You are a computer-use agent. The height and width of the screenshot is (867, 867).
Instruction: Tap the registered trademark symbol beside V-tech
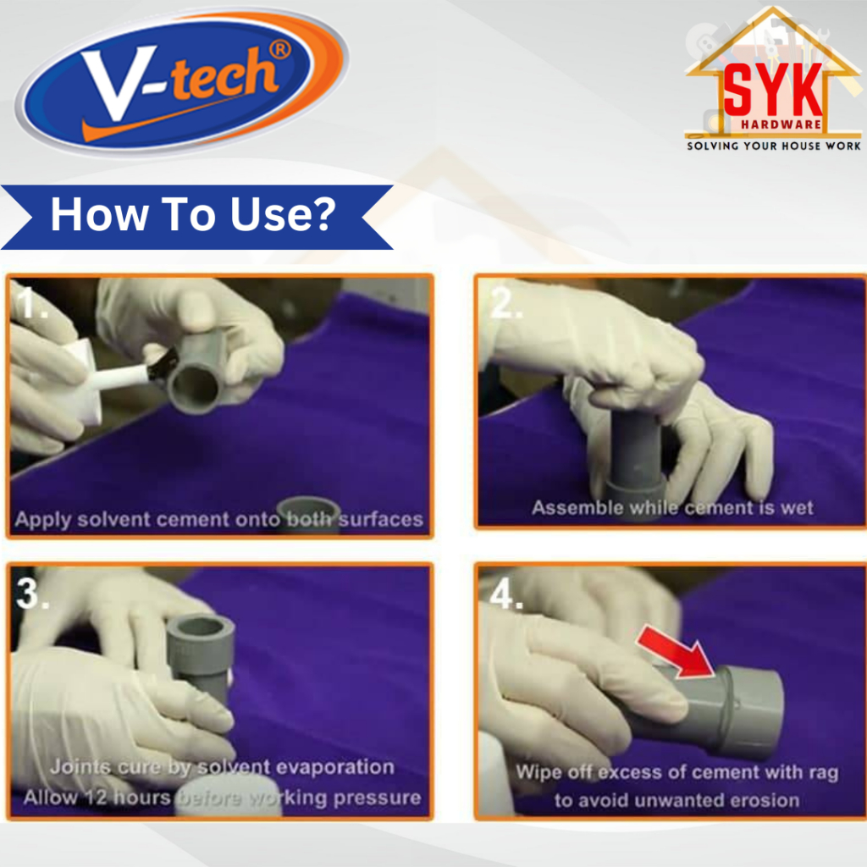[x=279, y=50]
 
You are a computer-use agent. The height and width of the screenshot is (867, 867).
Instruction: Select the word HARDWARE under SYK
[x=781, y=124]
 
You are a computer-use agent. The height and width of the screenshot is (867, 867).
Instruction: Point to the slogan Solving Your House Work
[x=774, y=146]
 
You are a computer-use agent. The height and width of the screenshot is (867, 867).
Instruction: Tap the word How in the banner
[x=100, y=214]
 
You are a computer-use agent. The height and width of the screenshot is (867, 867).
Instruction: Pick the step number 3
[x=32, y=594]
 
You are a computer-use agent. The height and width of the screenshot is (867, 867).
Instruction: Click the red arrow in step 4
[x=676, y=653]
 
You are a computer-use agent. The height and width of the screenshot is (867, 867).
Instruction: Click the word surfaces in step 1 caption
[x=380, y=519]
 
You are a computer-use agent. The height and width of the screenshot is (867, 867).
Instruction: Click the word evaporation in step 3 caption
[x=334, y=767]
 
